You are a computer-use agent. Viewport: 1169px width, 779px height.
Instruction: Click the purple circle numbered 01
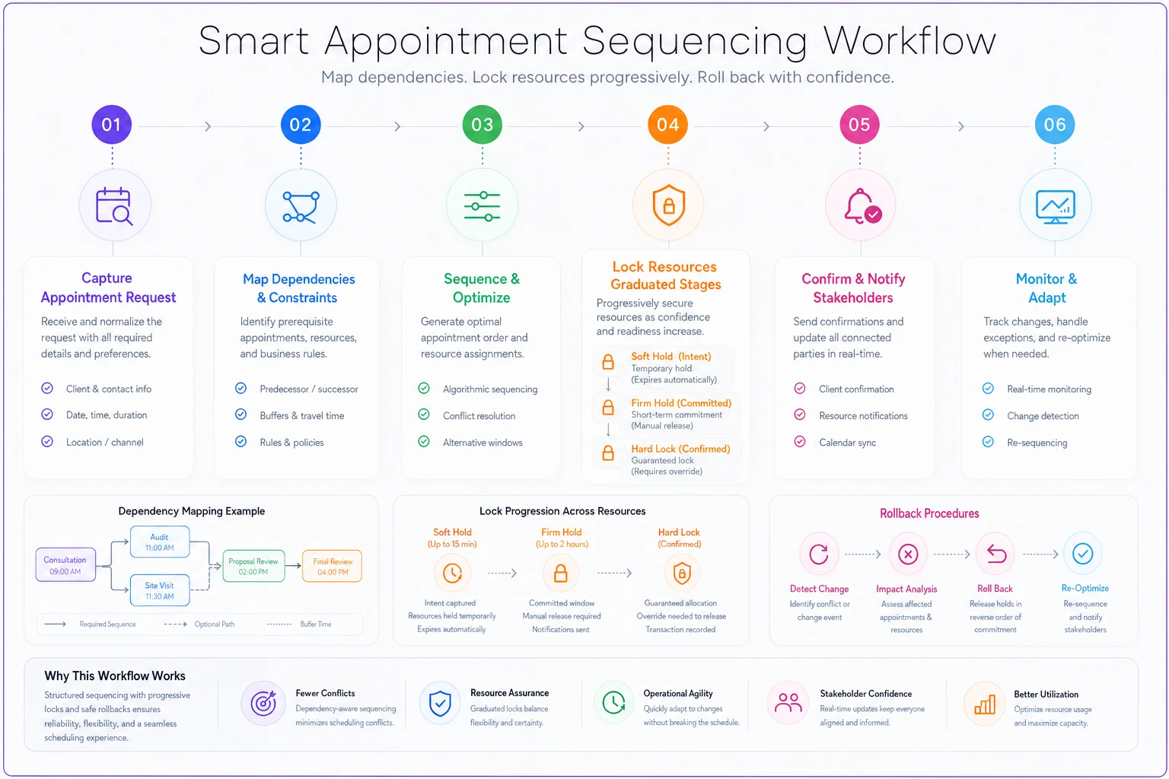point(111,124)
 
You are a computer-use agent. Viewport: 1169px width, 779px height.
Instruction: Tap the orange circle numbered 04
point(667,124)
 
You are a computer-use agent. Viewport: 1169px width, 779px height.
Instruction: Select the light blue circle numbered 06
point(1055,124)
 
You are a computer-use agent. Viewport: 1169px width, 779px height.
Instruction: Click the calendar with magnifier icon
point(114,206)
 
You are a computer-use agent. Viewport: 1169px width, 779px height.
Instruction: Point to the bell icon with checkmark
point(862,207)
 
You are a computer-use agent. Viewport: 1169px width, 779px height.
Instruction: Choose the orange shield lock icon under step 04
point(668,205)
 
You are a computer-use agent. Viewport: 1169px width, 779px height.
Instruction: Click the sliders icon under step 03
point(483,207)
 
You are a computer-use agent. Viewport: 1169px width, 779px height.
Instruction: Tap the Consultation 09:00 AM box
point(65,564)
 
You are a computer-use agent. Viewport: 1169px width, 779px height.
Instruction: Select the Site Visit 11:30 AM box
point(160,590)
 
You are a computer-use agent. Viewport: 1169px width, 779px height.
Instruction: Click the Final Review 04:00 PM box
point(333,566)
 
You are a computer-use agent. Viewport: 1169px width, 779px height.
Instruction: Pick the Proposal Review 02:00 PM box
point(253,566)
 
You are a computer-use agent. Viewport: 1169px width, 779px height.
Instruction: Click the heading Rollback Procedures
point(929,514)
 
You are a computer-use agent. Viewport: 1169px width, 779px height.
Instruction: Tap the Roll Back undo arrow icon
point(995,554)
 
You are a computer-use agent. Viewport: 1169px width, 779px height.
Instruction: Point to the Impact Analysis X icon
point(907,554)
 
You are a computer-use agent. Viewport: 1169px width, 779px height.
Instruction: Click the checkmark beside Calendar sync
point(800,441)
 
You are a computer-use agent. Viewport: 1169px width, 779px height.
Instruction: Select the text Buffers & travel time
point(301,415)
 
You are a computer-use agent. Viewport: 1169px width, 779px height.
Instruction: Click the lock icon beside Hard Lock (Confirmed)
point(608,453)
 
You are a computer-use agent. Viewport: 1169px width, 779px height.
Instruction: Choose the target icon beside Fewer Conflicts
point(263,704)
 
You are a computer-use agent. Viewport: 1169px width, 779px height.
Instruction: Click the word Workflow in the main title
point(909,40)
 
